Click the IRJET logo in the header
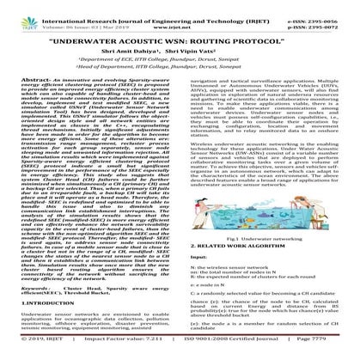tap(20, 13)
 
